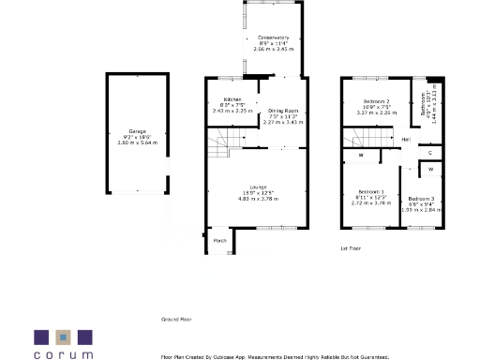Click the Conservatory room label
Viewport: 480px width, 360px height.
[273, 38]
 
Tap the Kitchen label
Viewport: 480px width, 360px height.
[232, 99]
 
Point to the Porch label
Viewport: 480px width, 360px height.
[220, 241]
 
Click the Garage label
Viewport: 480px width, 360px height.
[138, 131]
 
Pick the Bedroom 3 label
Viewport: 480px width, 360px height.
[421, 199]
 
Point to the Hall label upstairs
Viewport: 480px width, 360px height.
[406, 141]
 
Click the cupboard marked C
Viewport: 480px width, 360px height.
[429, 152]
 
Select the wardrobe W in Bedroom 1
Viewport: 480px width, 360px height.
[360, 156]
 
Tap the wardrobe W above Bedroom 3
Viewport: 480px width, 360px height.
[429, 169]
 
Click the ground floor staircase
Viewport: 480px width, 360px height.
[231, 142]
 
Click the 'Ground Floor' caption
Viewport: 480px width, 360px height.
[176, 320]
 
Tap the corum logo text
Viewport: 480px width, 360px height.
[64, 354]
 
